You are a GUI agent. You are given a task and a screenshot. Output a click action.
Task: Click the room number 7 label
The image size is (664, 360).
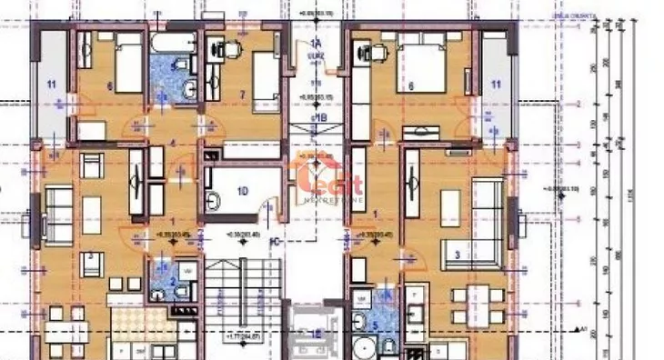pyautogui.click(x=243, y=94)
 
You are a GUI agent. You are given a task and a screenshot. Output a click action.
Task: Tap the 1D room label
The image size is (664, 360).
pyautogui.click(x=241, y=191)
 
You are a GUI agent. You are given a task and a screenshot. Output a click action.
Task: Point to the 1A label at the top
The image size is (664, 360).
pyautogui.click(x=317, y=44)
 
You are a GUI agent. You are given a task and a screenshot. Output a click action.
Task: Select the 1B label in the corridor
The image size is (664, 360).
pyautogui.click(x=319, y=117)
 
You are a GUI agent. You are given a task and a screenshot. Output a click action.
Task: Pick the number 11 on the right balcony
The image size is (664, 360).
pyautogui.click(x=497, y=85)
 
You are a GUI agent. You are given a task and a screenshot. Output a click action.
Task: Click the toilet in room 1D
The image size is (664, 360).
pyautogui.click(x=212, y=201)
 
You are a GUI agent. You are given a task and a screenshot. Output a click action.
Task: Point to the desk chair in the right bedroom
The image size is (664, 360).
pyautogui.click(x=370, y=52)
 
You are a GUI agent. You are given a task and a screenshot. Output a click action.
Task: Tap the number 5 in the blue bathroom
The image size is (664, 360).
pyautogui.click(x=375, y=323)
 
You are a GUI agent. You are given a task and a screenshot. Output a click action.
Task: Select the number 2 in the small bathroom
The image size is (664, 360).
pyautogui.click(x=171, y=283)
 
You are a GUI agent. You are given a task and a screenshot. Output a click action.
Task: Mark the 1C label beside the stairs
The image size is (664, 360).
pyautogui.click(x=274, y=242)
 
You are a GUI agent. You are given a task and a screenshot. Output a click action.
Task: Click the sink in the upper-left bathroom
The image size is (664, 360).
pyautogui.click(x=190, y=87)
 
